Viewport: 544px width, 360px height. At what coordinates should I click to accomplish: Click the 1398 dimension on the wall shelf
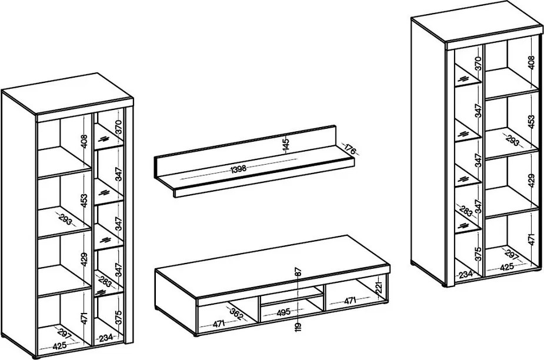(x=238, y=169)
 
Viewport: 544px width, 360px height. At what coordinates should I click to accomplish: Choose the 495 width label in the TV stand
(x=283, y=312)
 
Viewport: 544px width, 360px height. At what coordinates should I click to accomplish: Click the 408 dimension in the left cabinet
(x=84, y=141)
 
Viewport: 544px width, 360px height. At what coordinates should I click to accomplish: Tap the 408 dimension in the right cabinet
(x=532, y=62)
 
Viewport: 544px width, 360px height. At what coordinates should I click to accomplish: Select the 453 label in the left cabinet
(x=84, y=201)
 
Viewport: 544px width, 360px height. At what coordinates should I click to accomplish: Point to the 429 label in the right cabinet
(x=532, y=181)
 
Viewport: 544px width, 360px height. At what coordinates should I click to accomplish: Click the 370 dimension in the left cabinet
(x=119, y=128)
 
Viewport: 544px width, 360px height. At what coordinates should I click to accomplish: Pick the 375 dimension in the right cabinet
(x=479, y=254)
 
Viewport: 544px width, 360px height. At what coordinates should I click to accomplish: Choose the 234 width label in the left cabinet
(x=106, y=338)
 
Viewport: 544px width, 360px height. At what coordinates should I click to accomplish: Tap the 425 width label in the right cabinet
(x=507, y=267)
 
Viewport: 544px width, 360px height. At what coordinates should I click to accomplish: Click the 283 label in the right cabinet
(x=466, y=211)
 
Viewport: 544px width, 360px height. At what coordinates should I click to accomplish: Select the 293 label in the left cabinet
(x=65, y=219)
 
